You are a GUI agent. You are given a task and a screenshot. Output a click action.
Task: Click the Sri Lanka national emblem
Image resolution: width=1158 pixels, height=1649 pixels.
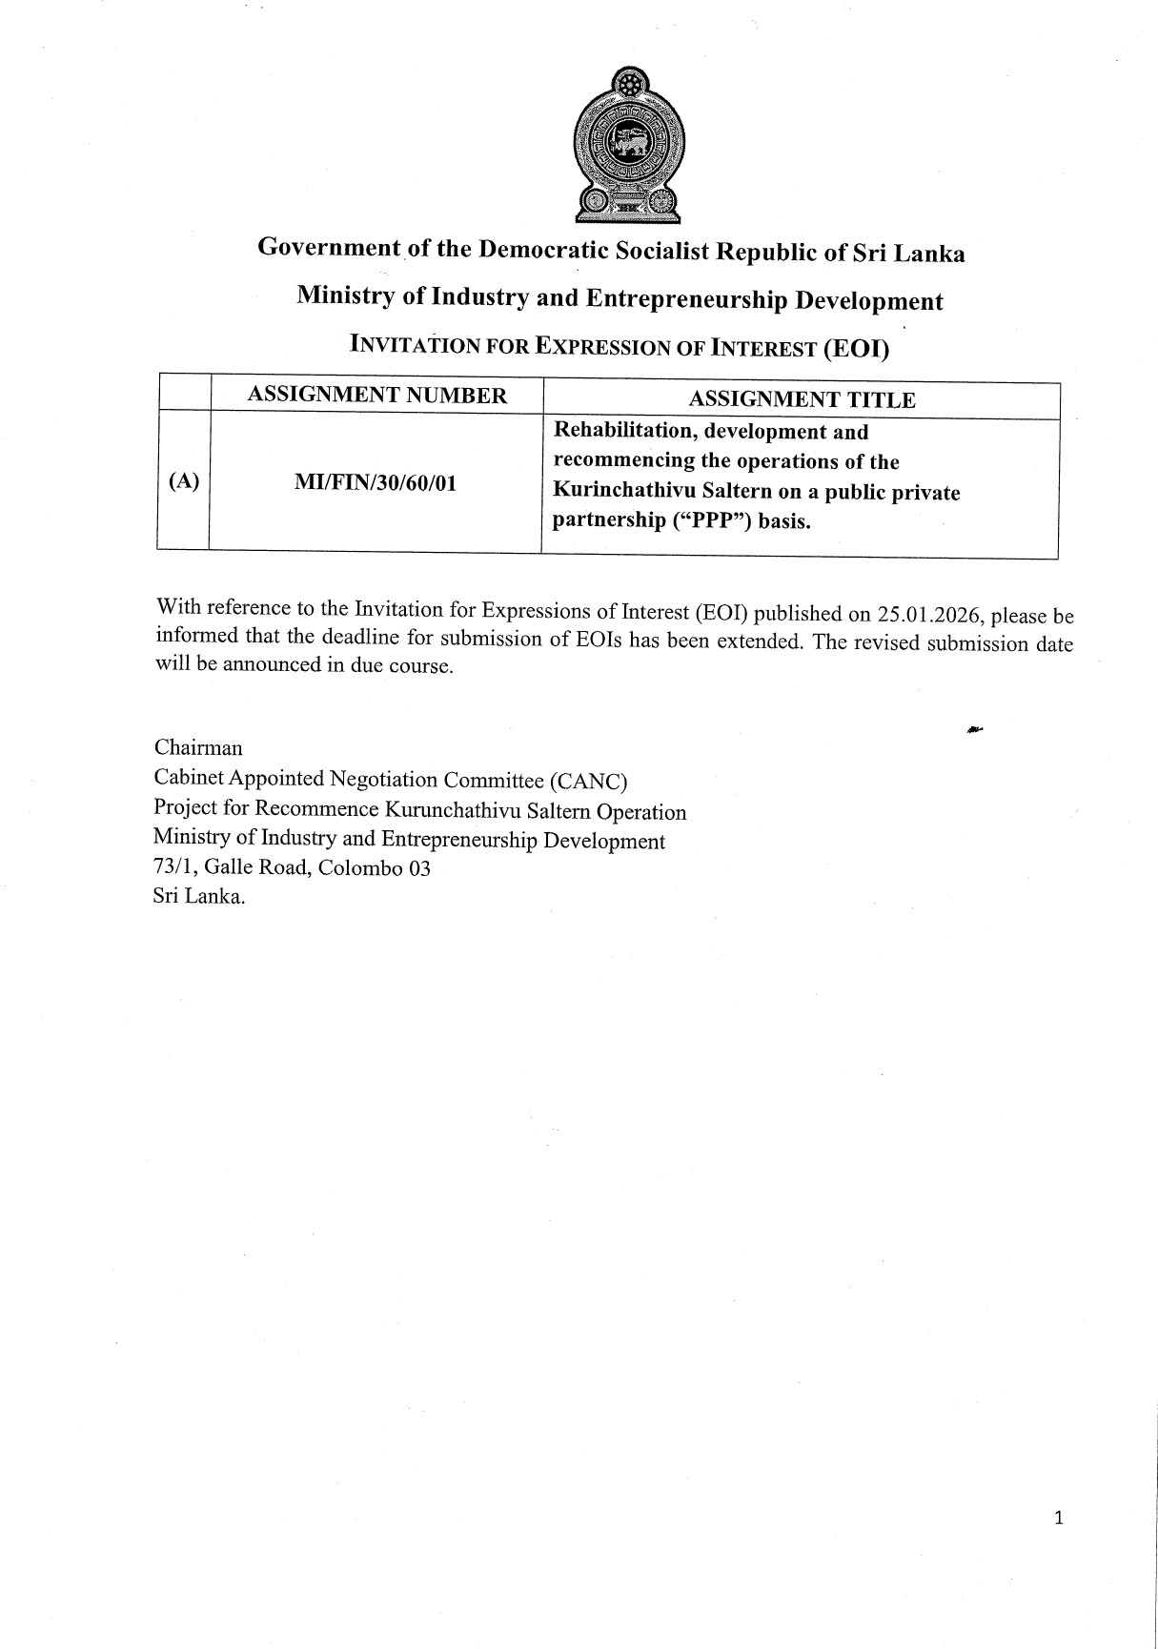tap(627, 143)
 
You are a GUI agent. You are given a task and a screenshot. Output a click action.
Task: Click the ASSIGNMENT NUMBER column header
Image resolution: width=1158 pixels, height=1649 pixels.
tap(376, 396)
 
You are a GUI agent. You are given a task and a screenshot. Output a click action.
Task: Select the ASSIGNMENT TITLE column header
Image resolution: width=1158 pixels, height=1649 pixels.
tap(802, 399)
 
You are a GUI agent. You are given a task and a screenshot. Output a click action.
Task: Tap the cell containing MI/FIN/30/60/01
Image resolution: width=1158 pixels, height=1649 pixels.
tap(376, 483)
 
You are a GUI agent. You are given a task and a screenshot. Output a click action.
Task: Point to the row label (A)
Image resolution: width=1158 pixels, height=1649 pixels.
tap(183, 481)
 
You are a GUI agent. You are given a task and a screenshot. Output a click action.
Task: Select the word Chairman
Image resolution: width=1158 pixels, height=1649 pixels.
tap(198, 748)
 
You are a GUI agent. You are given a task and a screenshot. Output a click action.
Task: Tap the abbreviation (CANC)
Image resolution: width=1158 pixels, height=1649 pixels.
tap(588, 782)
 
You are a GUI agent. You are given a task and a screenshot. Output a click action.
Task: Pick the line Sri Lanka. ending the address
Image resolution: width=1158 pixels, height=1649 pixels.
tap(199, 897)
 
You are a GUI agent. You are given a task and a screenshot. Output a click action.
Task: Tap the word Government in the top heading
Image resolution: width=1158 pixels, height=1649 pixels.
tap(329, 247)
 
